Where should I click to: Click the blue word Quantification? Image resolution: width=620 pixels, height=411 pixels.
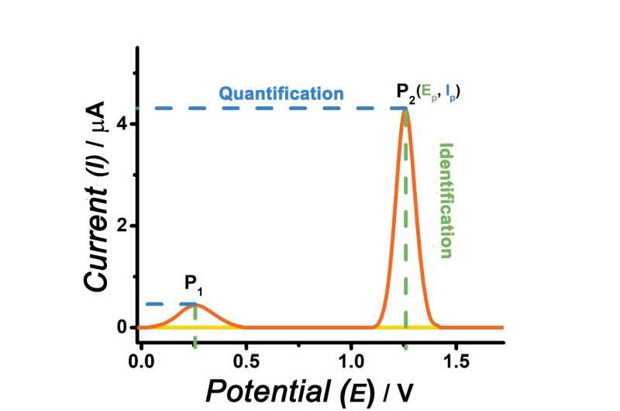[281, 94]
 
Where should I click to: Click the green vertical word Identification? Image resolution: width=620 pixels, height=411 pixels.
[446, 200]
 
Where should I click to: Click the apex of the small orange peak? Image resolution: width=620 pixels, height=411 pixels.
[195, 305]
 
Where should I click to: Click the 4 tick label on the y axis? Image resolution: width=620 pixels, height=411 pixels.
[122, 125]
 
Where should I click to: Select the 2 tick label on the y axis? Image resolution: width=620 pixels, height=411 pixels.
[122, 226]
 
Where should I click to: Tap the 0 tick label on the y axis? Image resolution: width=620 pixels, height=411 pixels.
[122, 327]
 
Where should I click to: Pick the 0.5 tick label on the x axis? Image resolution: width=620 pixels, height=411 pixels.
[246, 361]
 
